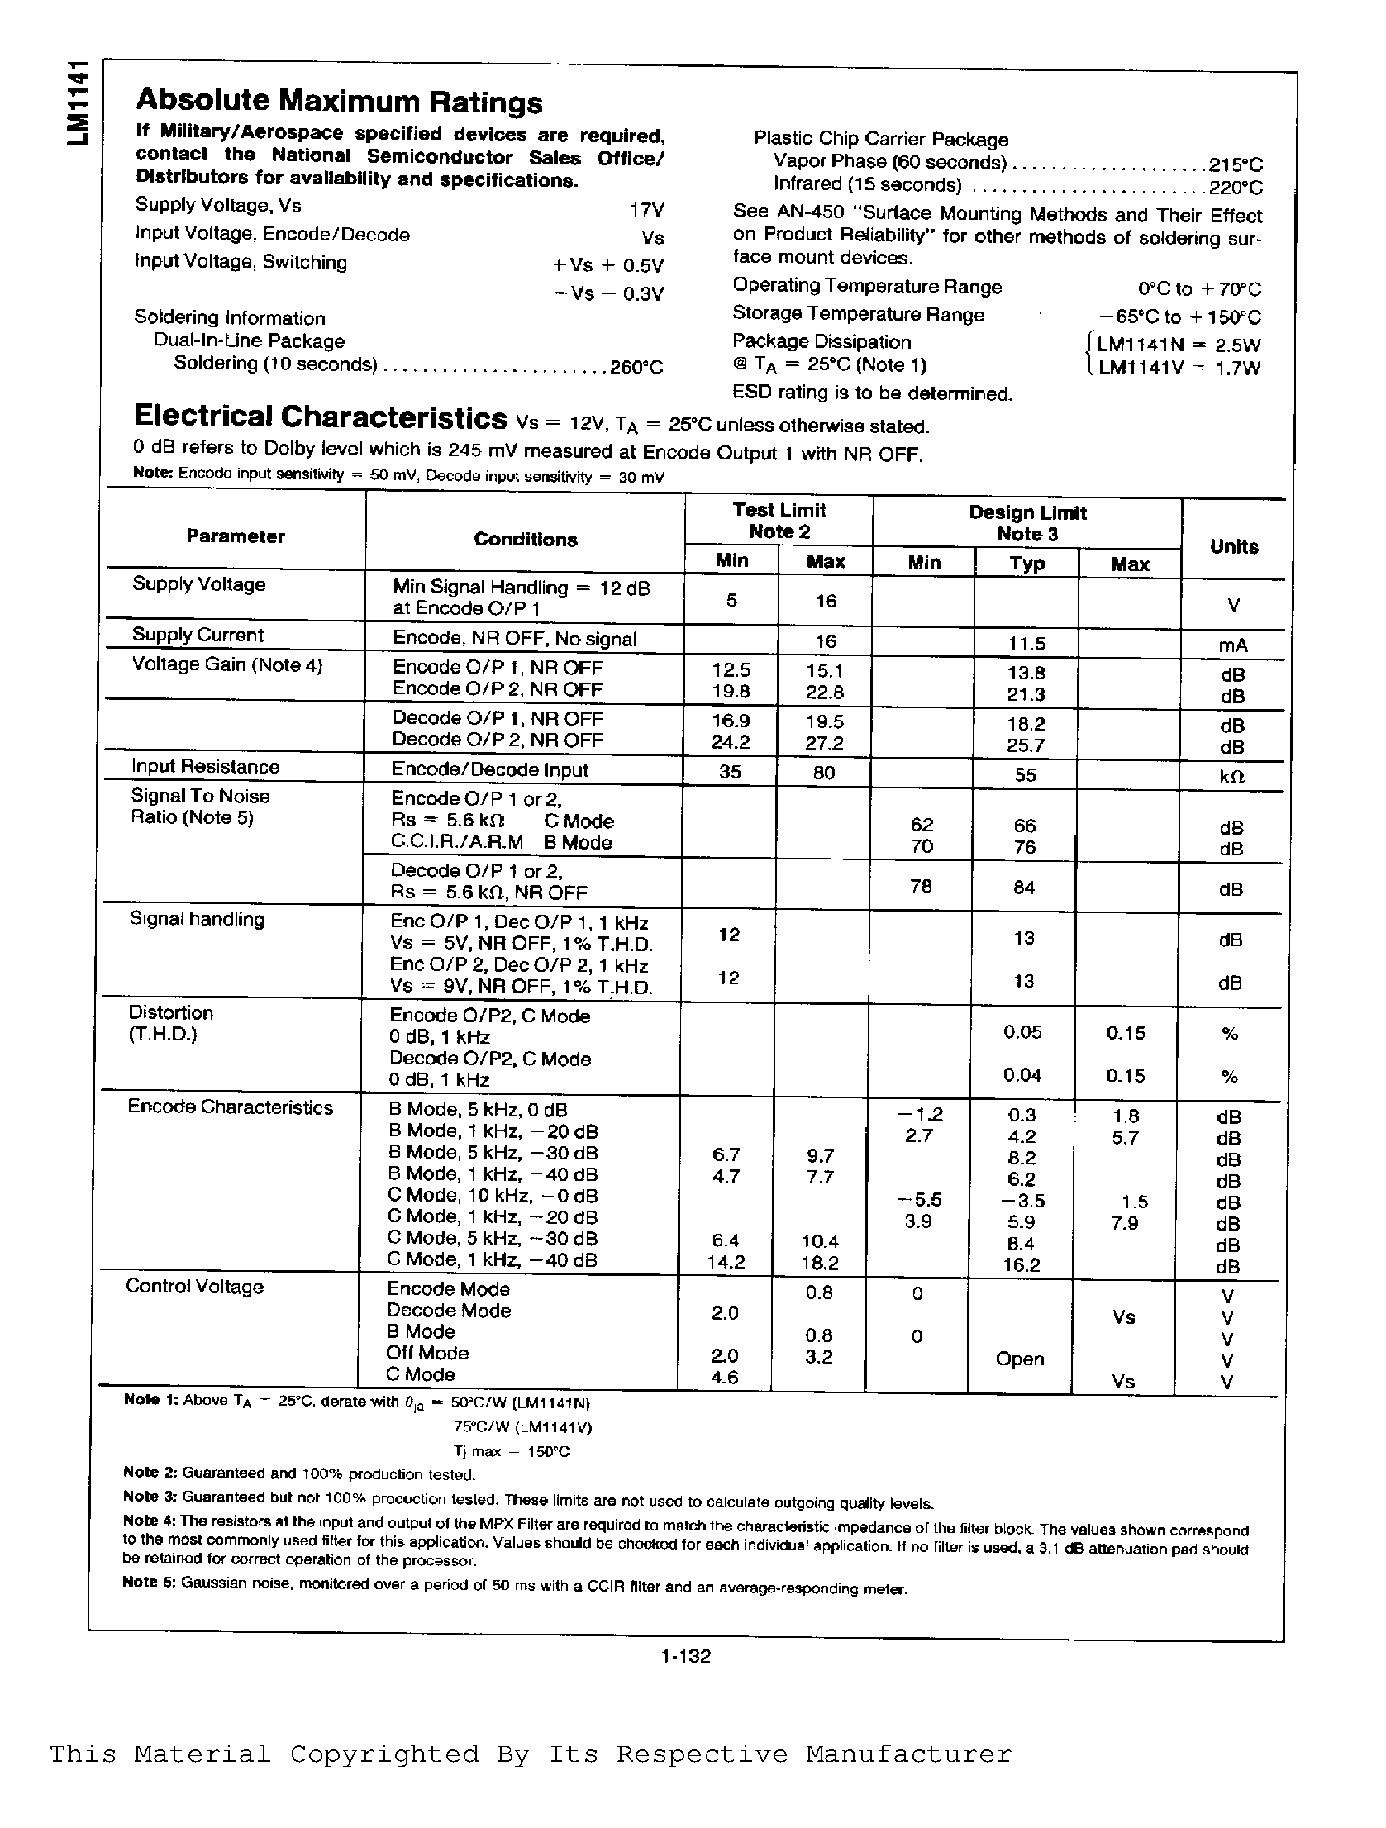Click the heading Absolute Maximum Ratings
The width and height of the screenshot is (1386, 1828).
pyautogui.click(x=339, y=102)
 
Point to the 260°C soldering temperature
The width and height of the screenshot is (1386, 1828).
pyautogui.click(x=636, y=367)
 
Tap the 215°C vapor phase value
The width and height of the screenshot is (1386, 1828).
pyautogui.click(x=1236, y=164)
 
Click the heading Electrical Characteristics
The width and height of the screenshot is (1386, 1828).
pyautogui.click(x=321, y=418)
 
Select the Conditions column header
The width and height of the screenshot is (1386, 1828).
pyautogui.click(x=525, y=540)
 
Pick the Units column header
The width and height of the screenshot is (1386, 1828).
pyautogui.click(x=1233, y=546)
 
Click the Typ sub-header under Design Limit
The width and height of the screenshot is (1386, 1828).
pyautogui.click(x=1026, y=564)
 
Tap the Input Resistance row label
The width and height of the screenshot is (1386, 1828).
pyautogui.click(x=205, y=767)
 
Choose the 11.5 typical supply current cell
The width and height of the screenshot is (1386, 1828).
pyautogui.click(x=1026, y=643)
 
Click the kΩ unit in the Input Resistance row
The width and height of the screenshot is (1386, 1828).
pyautogui.click(x=1232, y=777)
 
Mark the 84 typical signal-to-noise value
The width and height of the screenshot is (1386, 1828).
pyautogui.click(x=1024, y=888)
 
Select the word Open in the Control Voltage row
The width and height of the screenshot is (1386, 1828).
pyautogui.click(x=1020, y=1359)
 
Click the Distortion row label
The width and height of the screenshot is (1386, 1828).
pyautogui.click(x=170, y=1013)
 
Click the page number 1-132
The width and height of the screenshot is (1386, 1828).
pyautogui.click(x=686, y=1655)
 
